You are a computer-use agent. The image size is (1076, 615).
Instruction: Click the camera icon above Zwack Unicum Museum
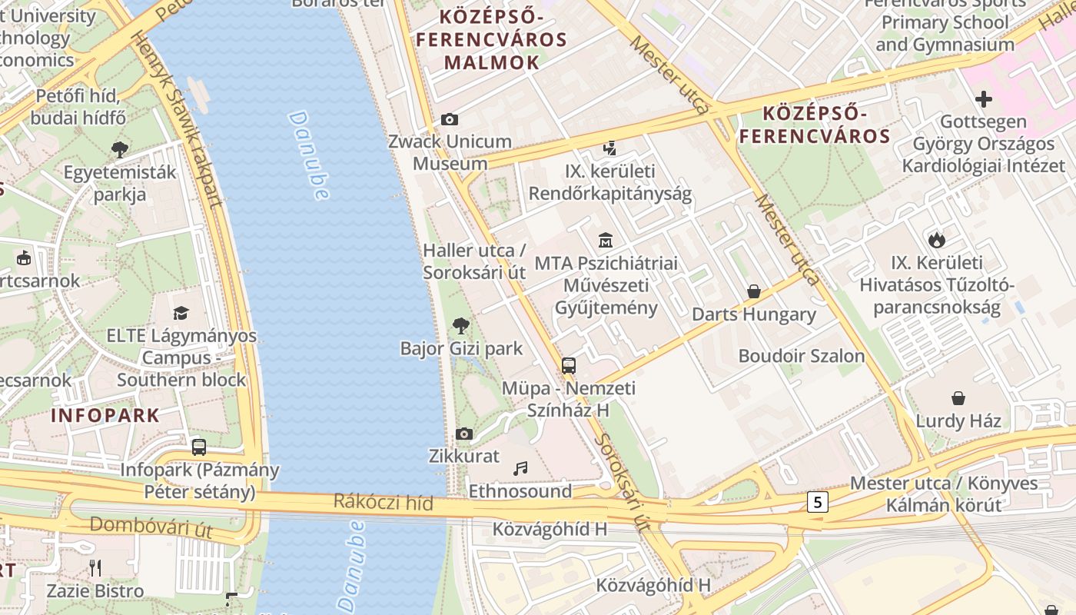point(450,119)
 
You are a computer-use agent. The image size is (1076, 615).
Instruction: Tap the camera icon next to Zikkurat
point(464,434)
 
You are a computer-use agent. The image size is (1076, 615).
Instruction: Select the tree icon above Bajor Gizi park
point(461,326)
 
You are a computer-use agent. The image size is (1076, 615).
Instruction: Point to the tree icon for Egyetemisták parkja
point(119,149)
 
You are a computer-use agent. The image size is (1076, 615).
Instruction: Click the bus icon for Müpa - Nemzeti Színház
point(569,366)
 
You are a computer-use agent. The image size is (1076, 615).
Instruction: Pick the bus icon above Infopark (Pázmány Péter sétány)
point(199,447)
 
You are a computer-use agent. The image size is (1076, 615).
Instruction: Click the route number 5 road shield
point(818,503)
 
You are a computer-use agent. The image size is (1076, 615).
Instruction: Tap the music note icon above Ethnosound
point(520,468)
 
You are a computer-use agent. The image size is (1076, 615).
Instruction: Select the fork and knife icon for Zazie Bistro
point(95,568)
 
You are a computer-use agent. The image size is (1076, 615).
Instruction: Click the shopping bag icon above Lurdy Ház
point(958,398)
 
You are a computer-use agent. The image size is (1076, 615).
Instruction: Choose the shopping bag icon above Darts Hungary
point(754,291)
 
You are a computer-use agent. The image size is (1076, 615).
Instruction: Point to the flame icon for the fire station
point(936,240)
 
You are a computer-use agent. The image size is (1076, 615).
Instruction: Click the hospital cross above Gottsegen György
point(983,99)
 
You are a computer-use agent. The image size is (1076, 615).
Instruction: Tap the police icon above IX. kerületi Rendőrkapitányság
point(609,148)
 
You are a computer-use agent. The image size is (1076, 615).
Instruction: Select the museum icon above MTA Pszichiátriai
point(606,240)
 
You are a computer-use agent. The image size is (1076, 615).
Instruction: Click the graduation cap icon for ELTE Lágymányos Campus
point(181,313)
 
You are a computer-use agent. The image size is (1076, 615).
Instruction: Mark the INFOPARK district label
point(105,416)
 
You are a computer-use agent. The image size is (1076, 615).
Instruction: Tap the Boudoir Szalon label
point(802,356)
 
